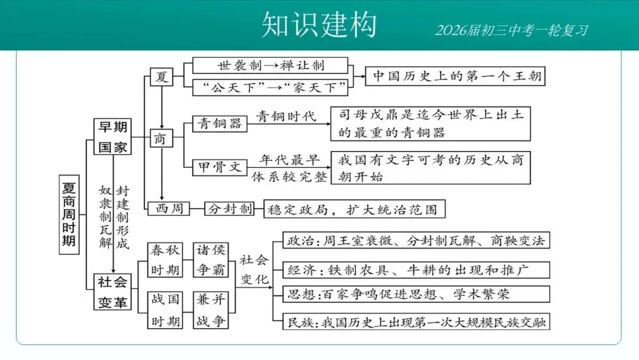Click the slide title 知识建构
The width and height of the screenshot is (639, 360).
(319, 25)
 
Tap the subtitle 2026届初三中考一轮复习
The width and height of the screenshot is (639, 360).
(512, 30)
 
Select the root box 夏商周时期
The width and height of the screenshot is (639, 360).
(69, 214)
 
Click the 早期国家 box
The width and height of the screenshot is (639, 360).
(112, 137)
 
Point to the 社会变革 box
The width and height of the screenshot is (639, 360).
(112, 292)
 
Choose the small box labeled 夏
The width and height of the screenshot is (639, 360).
(161, 76)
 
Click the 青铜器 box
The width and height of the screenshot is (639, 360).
(220, 123)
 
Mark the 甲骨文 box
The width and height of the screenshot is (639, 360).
(220, 168)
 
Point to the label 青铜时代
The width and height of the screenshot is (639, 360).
(286, 116)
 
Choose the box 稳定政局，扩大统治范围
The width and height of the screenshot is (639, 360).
(354, 208)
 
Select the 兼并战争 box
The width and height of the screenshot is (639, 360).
(211, 310)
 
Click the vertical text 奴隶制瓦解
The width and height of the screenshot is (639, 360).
(105, 216)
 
